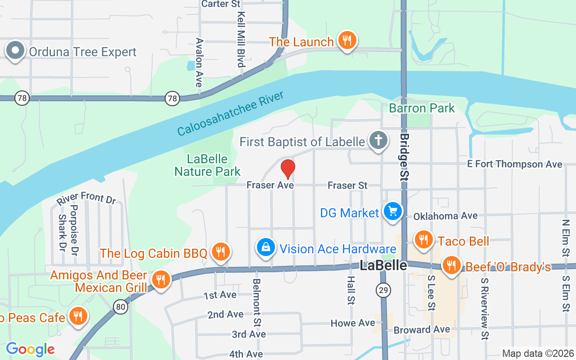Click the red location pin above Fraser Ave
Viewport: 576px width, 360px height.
click(x=288, y=168)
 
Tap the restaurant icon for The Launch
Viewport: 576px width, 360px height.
click(x=346, y=40)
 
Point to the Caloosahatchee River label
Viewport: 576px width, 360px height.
click(x=230, y=113)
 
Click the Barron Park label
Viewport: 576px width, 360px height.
click(x=422, y=108)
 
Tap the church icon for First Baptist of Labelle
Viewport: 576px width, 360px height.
click(x=378, y=141)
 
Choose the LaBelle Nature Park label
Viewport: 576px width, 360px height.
click(x=207, y=165)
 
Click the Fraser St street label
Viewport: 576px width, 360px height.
click(x=347, y=185)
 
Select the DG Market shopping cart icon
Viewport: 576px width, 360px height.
click(x=392, y=211)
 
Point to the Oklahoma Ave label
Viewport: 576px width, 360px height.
click(x=445, y=216)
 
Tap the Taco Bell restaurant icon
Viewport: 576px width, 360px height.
click(x=423, y=240)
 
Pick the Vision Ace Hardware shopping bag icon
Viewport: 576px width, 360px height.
click(x=266, y=247)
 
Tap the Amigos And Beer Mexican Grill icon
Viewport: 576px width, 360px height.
click(x=160, y=279)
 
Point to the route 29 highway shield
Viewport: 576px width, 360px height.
click(x=383, y=291)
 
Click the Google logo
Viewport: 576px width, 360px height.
click(x=30, y=349)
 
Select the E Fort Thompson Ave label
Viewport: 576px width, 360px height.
click(x=514, y=164)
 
